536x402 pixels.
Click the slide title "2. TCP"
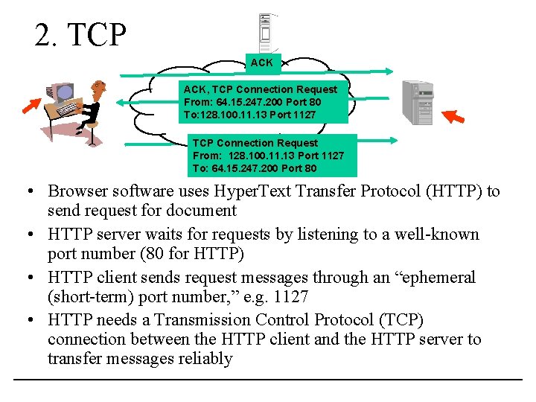(x=80, y=34)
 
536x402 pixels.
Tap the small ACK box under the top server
(x=261, y=63)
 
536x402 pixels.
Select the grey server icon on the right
(x=417, y=102)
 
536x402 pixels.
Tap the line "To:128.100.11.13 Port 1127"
(x=249, y=115)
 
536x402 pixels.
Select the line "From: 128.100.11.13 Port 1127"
(x=269, y=156)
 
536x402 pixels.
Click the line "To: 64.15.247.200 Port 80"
(x=255, y=168)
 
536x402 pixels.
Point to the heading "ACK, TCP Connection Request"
(x=261, y=89)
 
